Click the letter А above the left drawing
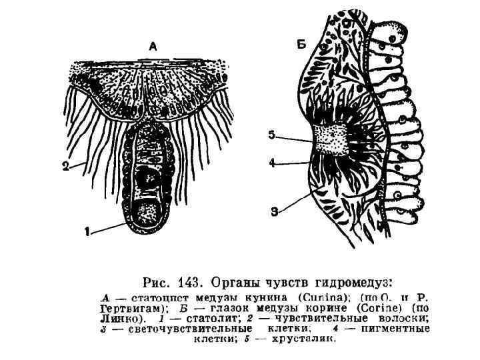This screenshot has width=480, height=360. tap(153, 47)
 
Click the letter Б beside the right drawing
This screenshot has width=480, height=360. tap(301, 45)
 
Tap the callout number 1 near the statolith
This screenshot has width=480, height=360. tap(87, 233)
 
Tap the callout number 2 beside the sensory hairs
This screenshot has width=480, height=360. tap(66, 168)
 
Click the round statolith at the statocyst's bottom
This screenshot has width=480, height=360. tap(147, 213)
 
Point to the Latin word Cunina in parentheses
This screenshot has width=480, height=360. tap(317, 296)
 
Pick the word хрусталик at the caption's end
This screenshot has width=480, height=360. tap(311, 338)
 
